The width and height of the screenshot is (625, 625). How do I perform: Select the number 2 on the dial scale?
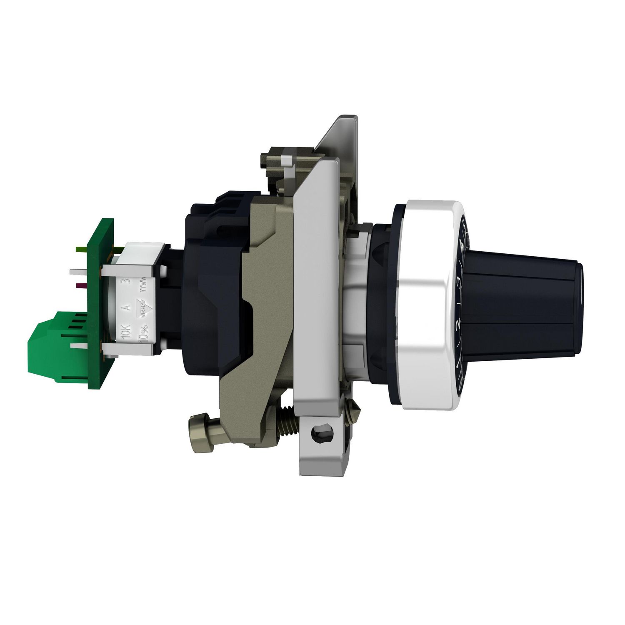coord(457,325)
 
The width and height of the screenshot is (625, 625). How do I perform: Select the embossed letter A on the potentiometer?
coord(128,308)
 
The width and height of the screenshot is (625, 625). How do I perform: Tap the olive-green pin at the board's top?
coord(81,249)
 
